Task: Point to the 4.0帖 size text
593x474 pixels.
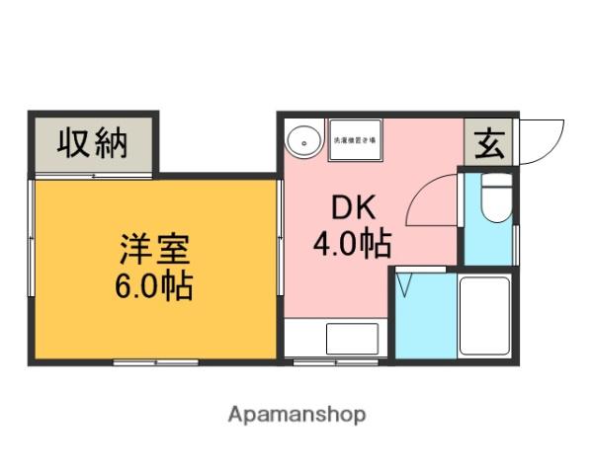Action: (x=352, y=242)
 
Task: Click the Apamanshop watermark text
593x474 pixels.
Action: (x=296, y=414)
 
